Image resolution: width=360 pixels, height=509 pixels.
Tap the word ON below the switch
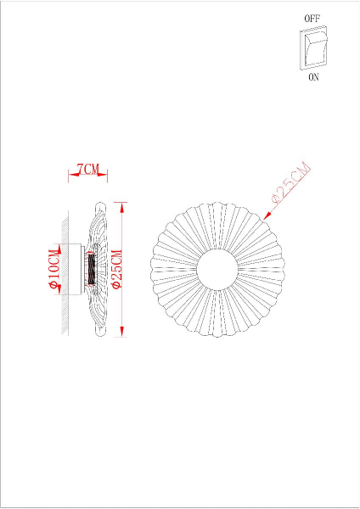[313, 76]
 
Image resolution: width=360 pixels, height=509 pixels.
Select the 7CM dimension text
[87, 170]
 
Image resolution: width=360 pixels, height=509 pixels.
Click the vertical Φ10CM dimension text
[55, 270]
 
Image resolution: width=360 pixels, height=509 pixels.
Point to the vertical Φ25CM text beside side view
[117, 270]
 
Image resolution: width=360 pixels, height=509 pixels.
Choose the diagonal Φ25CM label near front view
[290, 183]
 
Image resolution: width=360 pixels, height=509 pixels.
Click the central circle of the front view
[218, 270]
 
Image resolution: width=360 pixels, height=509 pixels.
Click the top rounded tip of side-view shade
[101, 206]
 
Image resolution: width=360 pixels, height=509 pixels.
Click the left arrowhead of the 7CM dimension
[71, 176]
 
